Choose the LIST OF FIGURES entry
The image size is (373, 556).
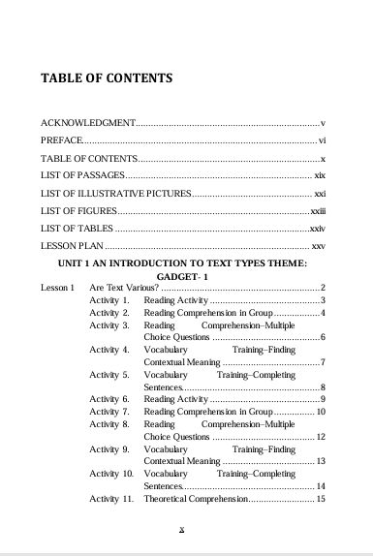78,210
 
